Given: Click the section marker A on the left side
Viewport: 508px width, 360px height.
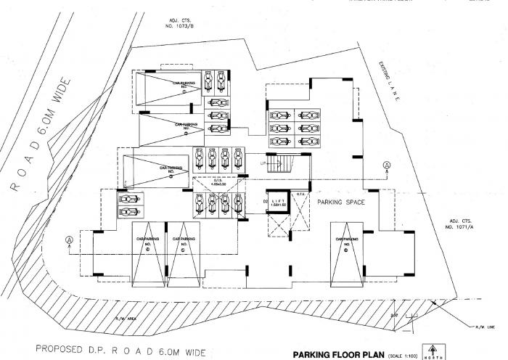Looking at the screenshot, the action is [x=70, y=239].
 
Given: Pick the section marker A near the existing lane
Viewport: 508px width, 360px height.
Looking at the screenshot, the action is [x=388, y=164].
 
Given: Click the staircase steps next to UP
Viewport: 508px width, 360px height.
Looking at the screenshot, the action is [x=286, y=165].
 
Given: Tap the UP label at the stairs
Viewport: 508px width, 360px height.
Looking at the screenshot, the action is [x=263, y=163].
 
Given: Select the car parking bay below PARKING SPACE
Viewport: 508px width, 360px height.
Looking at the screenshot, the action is [x=348, y=250].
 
